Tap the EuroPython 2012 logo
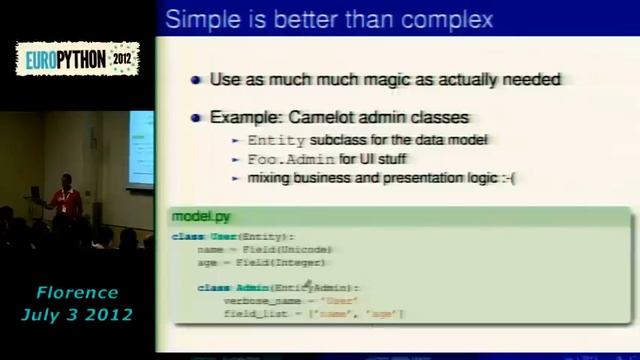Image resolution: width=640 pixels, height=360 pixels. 77,59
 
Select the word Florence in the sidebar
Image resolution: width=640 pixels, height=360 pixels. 77,293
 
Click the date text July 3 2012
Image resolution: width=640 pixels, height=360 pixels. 77,314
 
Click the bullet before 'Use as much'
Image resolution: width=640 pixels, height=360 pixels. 196,80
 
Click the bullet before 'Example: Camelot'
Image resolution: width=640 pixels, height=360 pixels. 196,118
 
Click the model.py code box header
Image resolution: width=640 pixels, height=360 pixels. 201,216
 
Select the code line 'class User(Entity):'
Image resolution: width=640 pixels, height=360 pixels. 239,237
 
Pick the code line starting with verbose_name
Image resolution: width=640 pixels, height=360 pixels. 279,300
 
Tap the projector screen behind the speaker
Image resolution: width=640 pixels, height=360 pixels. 141,150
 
